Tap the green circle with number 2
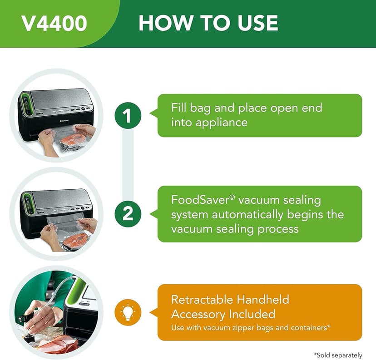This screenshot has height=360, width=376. [x=128, y=213]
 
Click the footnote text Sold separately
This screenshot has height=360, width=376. [x=338, y=355]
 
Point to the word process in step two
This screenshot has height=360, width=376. [x=277, y=228]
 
